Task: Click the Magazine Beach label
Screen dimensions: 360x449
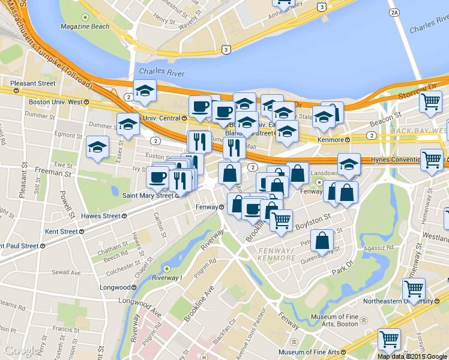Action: point(85,26)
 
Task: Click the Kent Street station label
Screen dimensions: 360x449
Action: point(61,231)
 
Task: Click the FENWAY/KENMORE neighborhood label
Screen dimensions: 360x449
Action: point(277,254)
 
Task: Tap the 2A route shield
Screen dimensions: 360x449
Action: point(394,12)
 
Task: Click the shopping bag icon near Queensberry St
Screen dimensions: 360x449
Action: point(322,241)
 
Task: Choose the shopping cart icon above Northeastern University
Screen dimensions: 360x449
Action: point(414,289)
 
